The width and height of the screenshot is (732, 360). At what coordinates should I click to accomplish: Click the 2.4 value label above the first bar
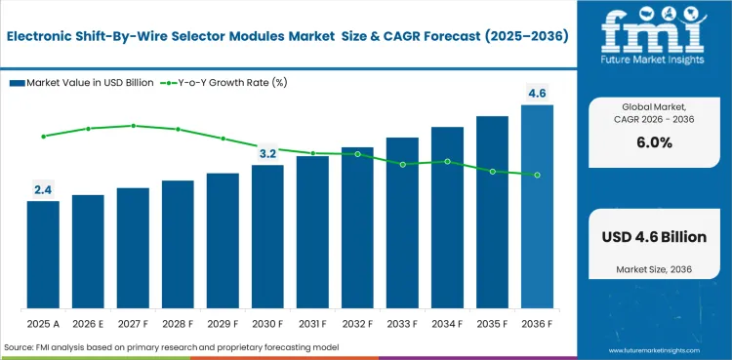[43, 190]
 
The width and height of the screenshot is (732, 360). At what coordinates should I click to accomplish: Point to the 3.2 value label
[267, 154]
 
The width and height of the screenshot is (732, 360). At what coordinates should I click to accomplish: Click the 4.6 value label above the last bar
[537, 94]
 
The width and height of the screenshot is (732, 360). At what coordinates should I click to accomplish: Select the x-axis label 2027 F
[133, 323]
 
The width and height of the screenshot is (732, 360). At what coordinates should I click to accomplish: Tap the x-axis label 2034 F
[447, 323]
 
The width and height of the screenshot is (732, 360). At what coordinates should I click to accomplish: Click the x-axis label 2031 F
[312, 323]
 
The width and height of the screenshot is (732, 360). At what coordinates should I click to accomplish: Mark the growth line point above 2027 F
[133, 126]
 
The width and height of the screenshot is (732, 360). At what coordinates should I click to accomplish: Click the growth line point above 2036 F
[537, 175]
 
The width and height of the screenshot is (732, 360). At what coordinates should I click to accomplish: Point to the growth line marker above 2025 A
[43, 137]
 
